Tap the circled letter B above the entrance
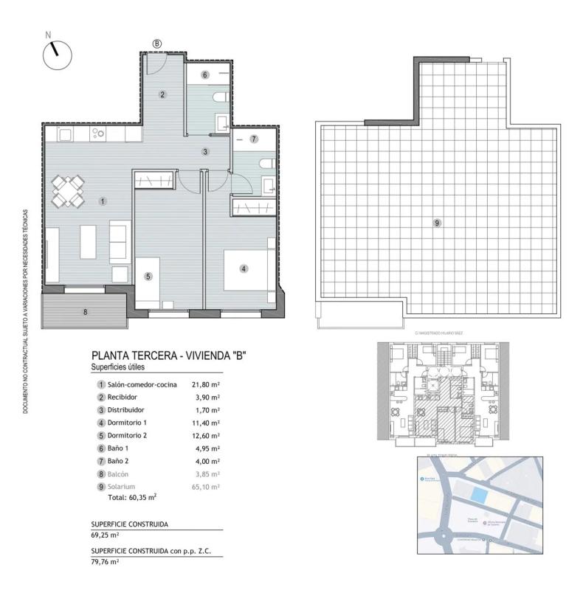click(157, 44)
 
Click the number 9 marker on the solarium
click(437, 222)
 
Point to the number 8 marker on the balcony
click(85, 312)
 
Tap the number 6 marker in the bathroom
click(205, 74)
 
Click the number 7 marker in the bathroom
click(253, 139)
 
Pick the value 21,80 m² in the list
click(206, 384)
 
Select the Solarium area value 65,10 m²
click(206, 487)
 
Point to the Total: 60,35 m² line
click(132, 498)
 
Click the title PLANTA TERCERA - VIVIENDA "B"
click(168, 355)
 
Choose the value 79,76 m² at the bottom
click(105, 561)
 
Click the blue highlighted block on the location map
click(480, 496)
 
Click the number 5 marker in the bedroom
click(148, 277)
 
